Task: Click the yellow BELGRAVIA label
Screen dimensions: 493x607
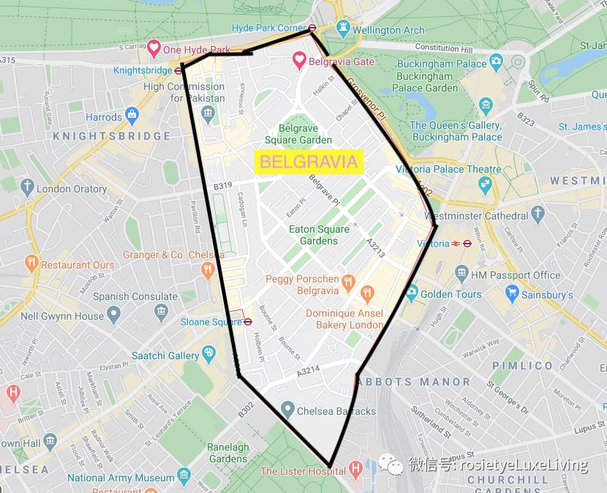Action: [x=309, y=162]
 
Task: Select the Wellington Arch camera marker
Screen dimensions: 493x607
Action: [x=342, y=29]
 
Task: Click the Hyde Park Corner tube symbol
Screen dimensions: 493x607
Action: [x=312, y=28]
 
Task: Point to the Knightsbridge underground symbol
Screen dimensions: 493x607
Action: [x=178, y=71]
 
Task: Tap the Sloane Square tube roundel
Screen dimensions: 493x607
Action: [x=248, y=321]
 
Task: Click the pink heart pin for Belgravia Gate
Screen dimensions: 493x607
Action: [x=299, y=61]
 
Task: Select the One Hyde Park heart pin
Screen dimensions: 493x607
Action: [x=154, y=49]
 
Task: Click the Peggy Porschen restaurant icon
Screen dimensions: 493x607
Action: [x=348, y=281]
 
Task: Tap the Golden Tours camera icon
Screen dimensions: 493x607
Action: [x=411, y=293]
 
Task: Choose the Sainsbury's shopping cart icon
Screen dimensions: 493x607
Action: [x=512, y=294]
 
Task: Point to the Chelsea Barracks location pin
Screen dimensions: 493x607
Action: [x=287, y=410]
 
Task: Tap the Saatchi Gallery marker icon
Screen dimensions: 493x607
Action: [x=209, y=355]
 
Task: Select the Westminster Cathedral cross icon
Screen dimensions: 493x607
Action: [x=538, y=214]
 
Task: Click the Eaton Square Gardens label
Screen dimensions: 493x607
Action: [x=319, y=235]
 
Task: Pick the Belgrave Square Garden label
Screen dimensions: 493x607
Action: [x=298, y=134]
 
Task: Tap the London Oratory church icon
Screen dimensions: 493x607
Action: [x=27, y=187]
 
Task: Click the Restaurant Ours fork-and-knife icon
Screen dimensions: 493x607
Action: [x=31, y=263]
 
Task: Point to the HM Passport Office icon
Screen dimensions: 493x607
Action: [x=461, y=274]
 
